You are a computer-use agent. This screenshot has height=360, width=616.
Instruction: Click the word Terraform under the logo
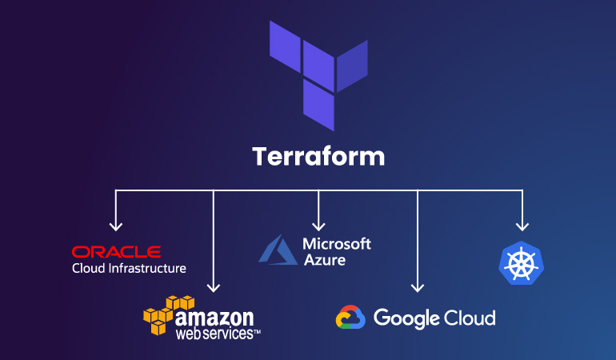tap(318, 156)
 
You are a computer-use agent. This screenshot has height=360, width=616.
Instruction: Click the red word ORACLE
tap(116, 252)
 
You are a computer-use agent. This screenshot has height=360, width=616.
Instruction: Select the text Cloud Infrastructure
tap(129, 269)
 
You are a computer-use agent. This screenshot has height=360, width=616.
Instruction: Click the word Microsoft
tap(338, 243)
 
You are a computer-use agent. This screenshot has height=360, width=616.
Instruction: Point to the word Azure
tap(324, 259)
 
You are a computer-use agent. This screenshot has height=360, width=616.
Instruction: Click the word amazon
tap(214, 317)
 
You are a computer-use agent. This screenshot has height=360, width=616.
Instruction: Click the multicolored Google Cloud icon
tap(350, 318)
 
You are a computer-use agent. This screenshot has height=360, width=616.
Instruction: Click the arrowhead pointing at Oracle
tap(116, 226)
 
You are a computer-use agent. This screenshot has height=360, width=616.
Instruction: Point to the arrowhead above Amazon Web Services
tap(214, 287)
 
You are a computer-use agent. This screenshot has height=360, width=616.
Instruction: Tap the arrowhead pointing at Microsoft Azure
tap(319, 226)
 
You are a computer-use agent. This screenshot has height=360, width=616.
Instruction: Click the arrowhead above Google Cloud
tap(417, 286)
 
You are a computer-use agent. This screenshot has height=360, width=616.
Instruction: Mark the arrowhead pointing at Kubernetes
tap(522, 226)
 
